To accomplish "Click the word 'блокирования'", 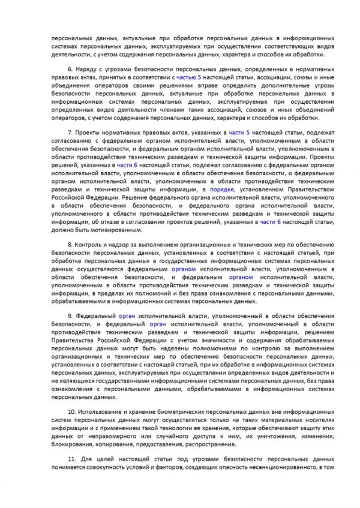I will point(73,445).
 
